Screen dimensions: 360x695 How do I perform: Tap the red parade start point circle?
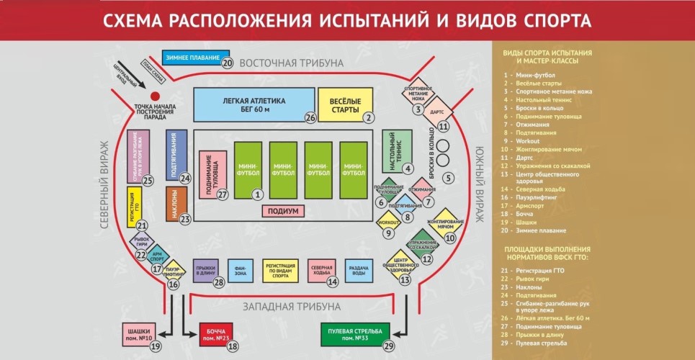coord(154,96)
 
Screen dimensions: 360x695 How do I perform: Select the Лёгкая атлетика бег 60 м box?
coord(255,105)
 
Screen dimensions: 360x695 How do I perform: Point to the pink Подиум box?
coord(283,210)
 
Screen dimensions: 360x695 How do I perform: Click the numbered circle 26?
coord(310,117)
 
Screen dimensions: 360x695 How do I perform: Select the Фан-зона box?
coord(240,269)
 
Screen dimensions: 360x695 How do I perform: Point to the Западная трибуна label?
coord(291,306)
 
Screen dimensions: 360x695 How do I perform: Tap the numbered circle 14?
coord(333,282)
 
